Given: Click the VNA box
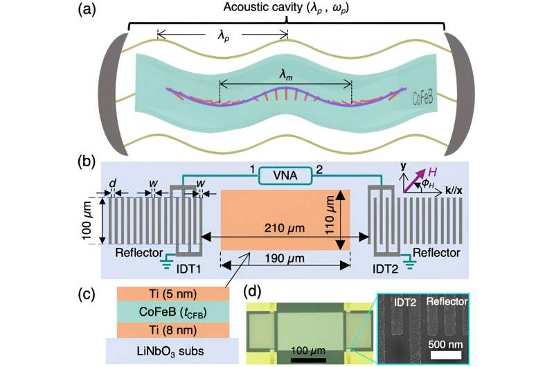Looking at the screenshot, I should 285,177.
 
